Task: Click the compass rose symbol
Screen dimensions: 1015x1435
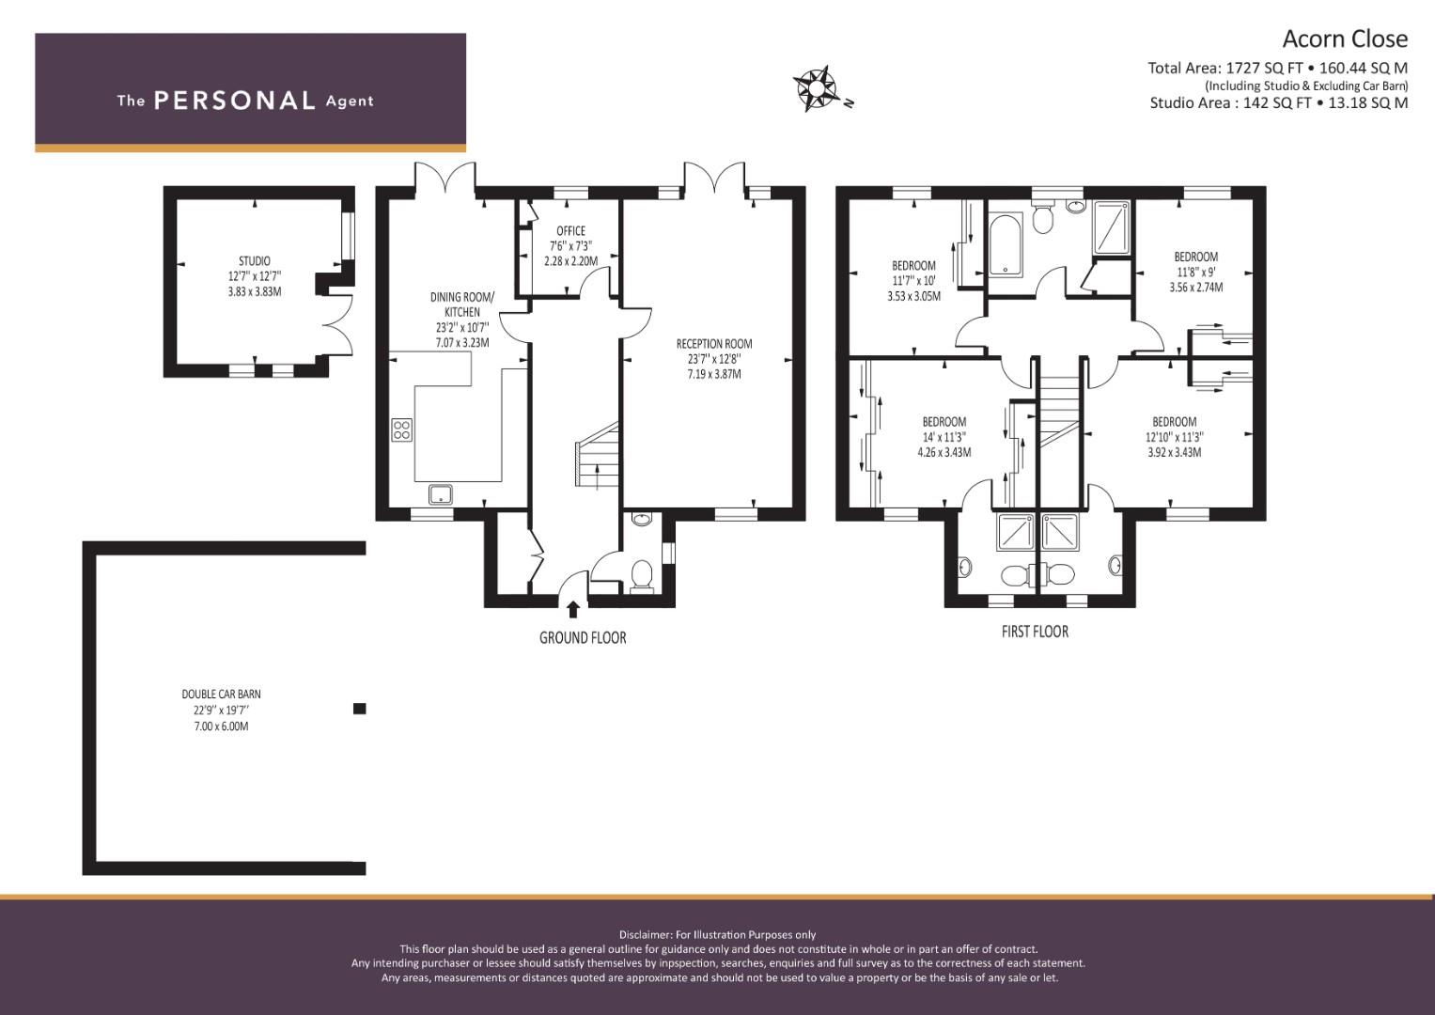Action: [818, 88]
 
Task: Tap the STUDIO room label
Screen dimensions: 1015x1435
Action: [254, 261]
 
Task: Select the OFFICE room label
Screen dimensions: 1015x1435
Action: [570, 231]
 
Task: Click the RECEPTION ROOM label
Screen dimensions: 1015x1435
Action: [713, 344]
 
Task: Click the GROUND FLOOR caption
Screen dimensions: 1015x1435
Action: [582, 638]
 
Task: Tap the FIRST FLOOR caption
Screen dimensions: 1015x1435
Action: [1034, 632]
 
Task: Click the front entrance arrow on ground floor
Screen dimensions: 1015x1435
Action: [573, 609]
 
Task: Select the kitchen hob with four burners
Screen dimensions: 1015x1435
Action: [401, 429]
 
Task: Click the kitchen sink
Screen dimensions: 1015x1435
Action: [440, 493]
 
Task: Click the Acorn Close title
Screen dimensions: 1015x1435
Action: [1345, 39]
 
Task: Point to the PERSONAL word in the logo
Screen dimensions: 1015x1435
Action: [234, 101]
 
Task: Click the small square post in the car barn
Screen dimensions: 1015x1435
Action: [358, 709]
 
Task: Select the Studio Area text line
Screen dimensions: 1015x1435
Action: [1278, 103]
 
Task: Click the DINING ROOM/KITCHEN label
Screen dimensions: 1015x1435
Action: [461, 304]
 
